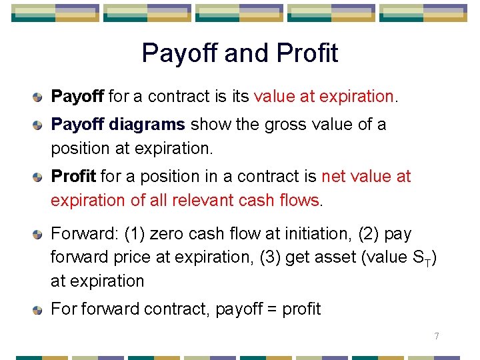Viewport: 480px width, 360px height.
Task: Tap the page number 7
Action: tap(437, 336)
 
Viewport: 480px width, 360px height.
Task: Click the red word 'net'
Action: tap(333, 177)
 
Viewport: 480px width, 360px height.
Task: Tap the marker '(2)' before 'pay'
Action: tap(369, 234)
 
